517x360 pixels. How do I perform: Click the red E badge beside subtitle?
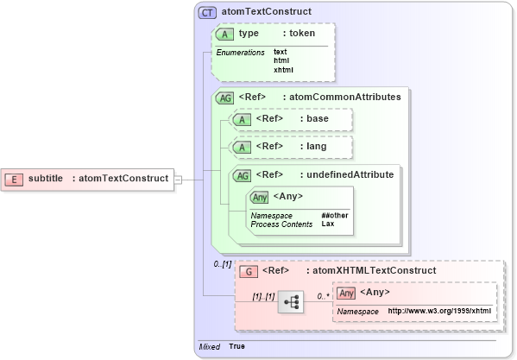[x=14, y=179]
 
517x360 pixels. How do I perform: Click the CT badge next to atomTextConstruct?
[x=207, y=13]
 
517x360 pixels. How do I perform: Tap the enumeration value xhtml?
[x=283, y=70]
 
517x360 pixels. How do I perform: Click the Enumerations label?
[x=240, y=53]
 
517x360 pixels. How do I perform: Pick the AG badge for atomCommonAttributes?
[x=224, y=98]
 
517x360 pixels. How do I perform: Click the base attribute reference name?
[x=317, y=118]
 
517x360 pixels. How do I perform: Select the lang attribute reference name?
[x=316, y=146]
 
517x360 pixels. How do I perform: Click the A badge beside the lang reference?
[x=243, y=147]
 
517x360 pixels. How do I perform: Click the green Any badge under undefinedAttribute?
[x=259, y=196]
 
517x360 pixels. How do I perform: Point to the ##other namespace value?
[x=335, y=215]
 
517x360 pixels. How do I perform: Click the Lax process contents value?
[x=328, y=224]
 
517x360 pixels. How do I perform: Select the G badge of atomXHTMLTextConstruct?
[x=249, y=270]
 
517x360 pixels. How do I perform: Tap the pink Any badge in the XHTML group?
[x=346, y=293]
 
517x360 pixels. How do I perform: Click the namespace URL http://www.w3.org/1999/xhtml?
[x=439, y=311]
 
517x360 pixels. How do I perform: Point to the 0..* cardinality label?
[x=323, y=295]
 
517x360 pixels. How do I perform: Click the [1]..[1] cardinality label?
[x=262, y=295]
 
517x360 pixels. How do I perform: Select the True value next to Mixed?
[x=236, y=346]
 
